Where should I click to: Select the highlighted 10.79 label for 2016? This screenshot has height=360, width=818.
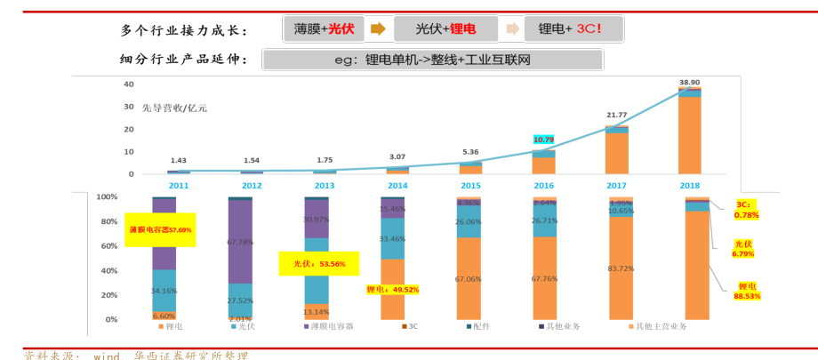[543, 140]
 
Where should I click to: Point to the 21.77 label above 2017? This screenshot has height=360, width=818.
[617, 115]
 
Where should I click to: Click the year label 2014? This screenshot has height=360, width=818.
[397, 186]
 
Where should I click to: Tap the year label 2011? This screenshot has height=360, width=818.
[179, 186]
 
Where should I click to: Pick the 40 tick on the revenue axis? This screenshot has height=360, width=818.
[129, 84]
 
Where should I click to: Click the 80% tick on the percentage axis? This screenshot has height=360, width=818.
[107, 221]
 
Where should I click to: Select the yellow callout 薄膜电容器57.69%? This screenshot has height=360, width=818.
[160, 229]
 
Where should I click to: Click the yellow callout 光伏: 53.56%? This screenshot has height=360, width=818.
[318, 264]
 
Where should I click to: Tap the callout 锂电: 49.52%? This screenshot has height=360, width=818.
[392, 289]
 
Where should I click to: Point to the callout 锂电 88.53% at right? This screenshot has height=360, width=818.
[747, 291]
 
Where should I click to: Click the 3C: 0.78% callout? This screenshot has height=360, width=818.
[747, 210]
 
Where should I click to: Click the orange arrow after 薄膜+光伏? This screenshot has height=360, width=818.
[378, 29]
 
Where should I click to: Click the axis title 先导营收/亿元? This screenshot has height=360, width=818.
[174, 108]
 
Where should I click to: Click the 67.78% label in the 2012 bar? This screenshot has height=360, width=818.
[240, 241]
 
